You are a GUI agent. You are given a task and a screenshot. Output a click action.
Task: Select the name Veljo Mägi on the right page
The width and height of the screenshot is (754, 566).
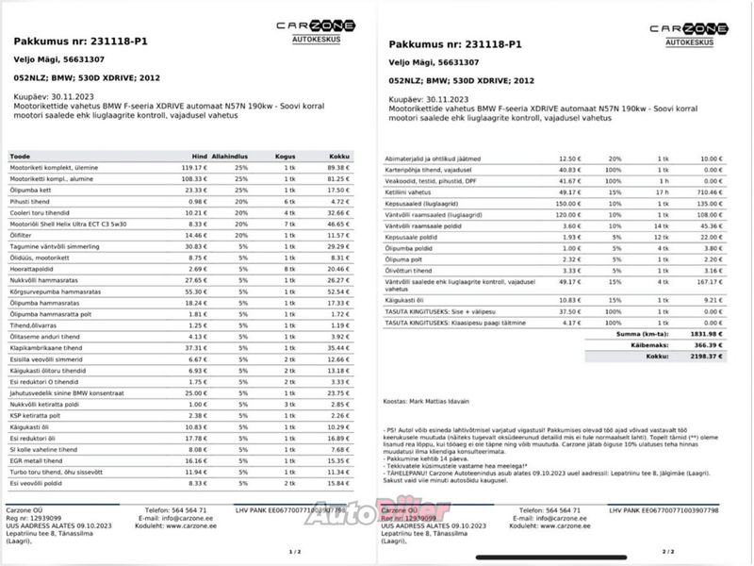click(x=412, y=63)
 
